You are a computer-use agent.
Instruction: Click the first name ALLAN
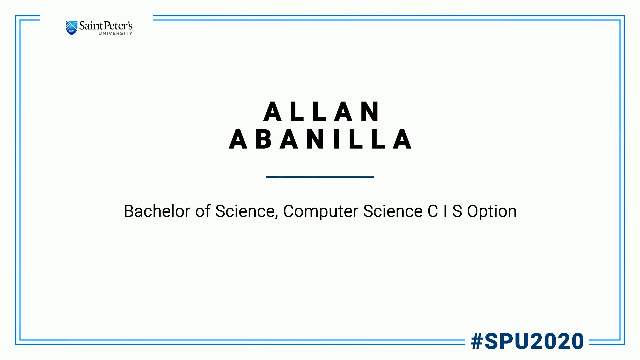321,111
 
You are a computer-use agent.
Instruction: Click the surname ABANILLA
320,139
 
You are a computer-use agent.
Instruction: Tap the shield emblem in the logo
71,28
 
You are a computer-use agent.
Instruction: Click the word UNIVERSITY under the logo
115,33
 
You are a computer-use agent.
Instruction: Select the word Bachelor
157,211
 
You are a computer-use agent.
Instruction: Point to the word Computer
320,212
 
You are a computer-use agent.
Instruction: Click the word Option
492,212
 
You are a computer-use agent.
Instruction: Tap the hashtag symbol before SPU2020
477,341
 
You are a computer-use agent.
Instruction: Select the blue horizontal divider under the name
320,177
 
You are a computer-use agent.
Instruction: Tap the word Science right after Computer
393,211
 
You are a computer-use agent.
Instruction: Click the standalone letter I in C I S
445,211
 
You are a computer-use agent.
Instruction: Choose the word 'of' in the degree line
203,211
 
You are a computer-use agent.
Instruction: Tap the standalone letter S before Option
457,211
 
